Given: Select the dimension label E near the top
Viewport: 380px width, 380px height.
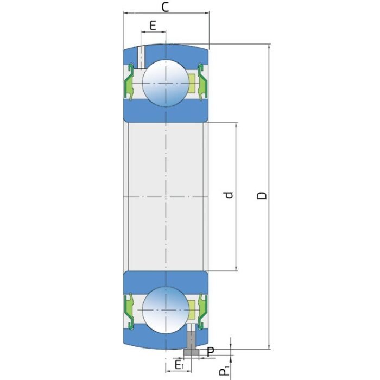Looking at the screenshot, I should tap(153, 25).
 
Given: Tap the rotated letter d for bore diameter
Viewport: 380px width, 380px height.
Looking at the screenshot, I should tap(229, 195).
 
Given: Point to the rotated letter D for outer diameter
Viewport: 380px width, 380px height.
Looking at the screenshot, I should tap(262, 195).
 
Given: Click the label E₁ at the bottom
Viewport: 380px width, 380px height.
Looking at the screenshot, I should tap(179, 365).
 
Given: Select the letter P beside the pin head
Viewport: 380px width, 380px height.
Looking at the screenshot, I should tap(211, 352).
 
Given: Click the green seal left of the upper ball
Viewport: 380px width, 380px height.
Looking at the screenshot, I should tap(130, 83).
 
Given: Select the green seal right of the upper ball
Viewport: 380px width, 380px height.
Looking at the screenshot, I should tap(202, 83).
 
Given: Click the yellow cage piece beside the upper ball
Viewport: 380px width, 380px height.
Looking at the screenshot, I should tap(191, 83).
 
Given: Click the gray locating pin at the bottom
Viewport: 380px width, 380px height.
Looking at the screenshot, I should tap(191, 345).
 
